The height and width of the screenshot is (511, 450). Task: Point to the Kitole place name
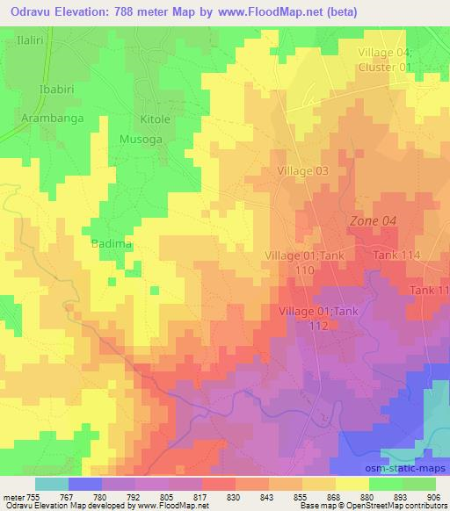click(147, 119)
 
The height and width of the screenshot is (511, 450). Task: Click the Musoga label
click(141, 139)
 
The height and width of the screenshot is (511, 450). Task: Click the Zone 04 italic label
click(373, 222)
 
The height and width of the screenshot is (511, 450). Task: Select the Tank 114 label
click(397, 255)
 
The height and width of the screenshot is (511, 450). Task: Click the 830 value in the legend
click(220, 496)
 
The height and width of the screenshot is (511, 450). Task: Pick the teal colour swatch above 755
click(52, 484)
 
